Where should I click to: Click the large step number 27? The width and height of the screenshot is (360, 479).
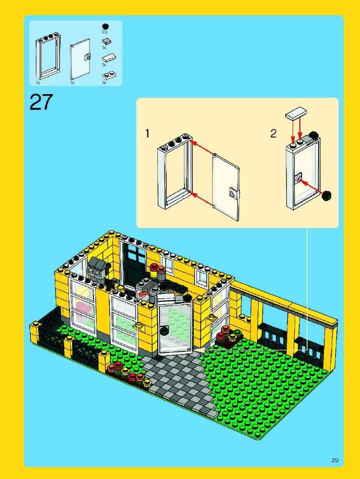(x=41, y=102)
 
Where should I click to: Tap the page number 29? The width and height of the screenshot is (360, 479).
(x=335, y=460)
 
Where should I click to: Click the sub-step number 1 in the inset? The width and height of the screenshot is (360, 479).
(x=147, y=133)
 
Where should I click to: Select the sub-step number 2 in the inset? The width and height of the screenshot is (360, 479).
(x=273, y=133)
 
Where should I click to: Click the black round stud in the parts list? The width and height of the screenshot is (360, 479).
(x=105, y=26)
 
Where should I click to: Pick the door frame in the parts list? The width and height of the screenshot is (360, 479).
(x=48, y=57)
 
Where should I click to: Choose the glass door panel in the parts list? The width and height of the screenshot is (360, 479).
(x=80, y=59)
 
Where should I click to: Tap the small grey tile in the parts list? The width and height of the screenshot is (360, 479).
(x=106, y=42)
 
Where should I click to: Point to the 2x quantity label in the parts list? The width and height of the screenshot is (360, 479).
(x=104, y=32)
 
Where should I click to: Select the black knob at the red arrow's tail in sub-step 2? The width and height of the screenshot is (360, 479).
(x=327, y=195)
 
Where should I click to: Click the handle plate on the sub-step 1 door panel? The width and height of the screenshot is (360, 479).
(x=234, y=193)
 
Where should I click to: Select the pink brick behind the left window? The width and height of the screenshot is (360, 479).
(x=81, y=307)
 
